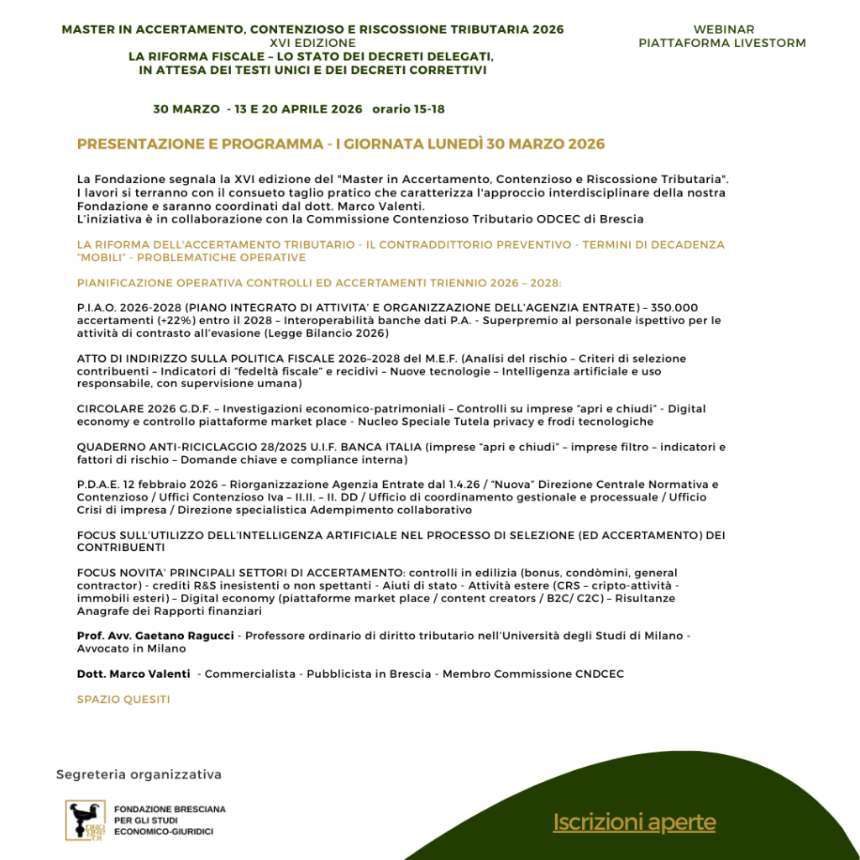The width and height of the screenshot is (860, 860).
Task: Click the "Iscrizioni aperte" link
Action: click(634, 822)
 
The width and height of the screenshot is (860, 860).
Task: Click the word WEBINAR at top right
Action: click(724, 29)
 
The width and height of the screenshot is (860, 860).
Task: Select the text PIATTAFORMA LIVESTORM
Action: click(722, 43)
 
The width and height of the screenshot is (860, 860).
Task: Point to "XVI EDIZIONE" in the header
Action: click(312, 43)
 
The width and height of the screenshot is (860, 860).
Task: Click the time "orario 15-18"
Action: click(409, 109)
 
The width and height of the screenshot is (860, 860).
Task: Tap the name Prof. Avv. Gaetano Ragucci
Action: click(156, 636)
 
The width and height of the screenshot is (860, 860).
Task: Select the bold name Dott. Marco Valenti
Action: click(134, 674)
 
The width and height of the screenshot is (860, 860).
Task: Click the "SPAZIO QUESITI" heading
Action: click(123, 699)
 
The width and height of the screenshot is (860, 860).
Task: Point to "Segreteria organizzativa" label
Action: click(139, 774)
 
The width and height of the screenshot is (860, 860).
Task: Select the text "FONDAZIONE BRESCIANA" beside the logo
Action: click(170, 810)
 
